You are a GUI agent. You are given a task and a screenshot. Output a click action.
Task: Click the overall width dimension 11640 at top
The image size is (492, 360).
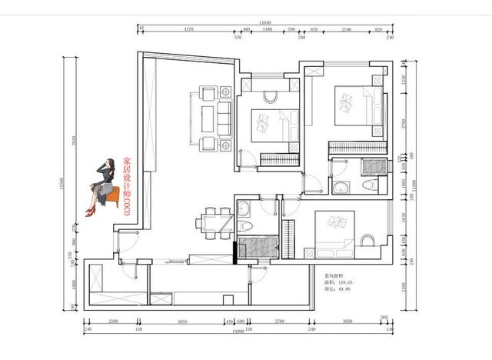[x=268, y=23]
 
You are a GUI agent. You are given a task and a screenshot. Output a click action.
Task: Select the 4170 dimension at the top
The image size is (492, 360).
[x=188, y=29]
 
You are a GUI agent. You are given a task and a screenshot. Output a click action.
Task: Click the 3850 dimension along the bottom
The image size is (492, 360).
[x=183, y=321]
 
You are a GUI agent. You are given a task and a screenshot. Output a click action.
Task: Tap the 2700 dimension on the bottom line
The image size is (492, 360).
[x=280, y=321]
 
